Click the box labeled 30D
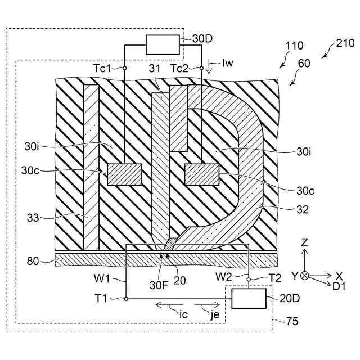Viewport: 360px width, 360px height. (162, 44)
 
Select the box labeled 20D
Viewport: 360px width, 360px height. (249, 298)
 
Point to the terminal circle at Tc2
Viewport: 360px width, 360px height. (201, 68)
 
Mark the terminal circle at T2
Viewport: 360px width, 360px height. (249, 277)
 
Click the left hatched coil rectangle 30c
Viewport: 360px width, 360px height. (124, 174)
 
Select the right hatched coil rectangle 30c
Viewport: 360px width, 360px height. (201, 174)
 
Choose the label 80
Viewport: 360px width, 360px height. (35, 260)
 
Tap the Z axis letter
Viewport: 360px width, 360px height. (304, 243)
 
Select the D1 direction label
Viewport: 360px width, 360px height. (339, 286)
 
